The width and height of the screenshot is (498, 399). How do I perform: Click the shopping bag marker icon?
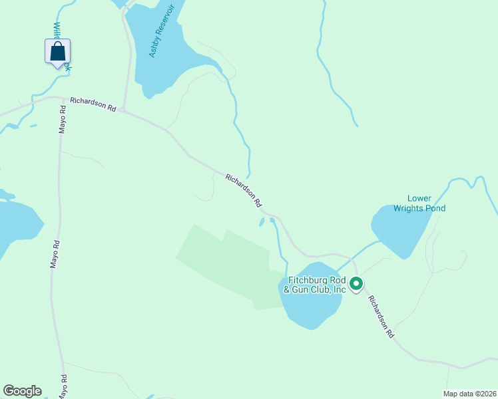58,52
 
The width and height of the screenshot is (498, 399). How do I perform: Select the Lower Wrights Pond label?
419,203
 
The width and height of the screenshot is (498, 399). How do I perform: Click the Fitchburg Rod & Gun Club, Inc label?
316,285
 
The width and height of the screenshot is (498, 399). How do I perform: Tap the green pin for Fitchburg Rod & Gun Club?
356,285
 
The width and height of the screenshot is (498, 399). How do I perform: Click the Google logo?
22,391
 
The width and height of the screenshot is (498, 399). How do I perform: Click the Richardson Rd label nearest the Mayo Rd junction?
93,103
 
